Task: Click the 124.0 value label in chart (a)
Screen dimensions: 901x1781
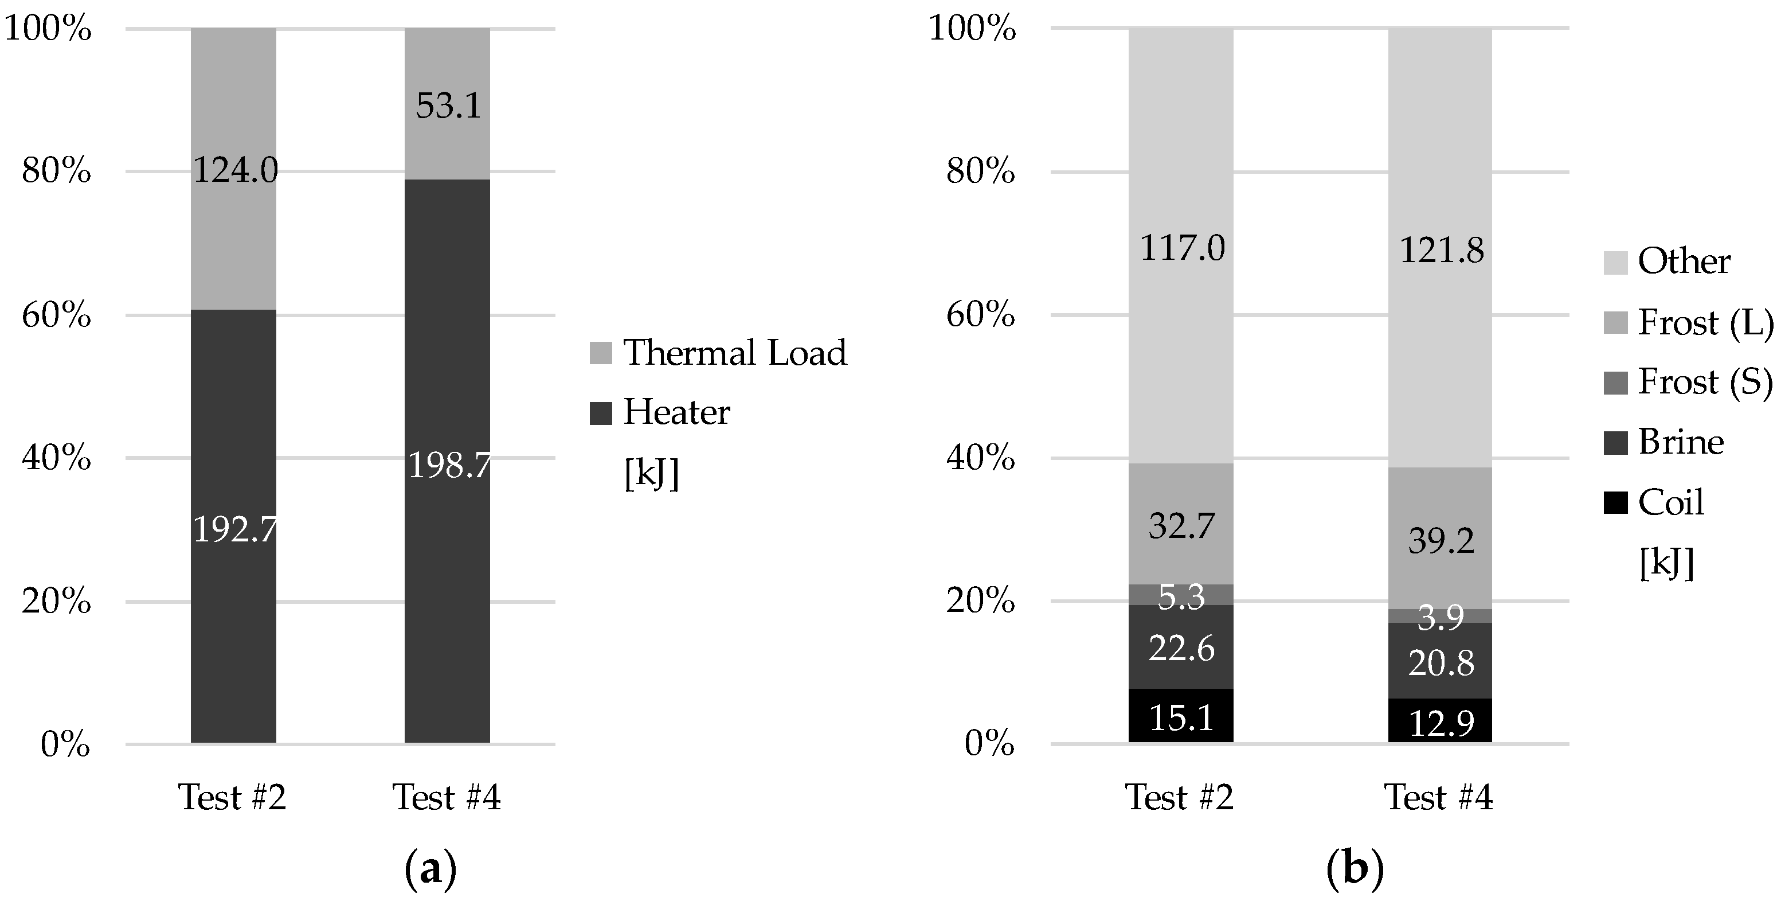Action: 235,169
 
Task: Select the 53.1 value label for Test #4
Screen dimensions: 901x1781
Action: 448,106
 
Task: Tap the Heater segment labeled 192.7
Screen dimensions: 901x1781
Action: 234,530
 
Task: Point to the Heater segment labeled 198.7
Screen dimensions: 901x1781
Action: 449,465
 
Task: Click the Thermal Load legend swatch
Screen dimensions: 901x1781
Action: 601,353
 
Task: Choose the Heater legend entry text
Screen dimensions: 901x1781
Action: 676,413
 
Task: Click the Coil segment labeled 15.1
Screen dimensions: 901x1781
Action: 1181,717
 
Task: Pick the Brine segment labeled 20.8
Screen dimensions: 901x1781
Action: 1441,663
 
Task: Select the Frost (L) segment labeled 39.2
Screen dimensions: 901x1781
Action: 1441,541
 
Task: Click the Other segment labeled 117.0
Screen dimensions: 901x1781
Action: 1181,248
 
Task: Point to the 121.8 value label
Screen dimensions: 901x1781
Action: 1442,250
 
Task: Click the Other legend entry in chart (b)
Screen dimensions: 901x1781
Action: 1684,262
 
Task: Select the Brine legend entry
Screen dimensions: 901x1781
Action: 1680,443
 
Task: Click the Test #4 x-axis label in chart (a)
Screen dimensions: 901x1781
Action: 447,797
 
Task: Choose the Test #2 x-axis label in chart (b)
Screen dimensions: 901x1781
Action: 1180,797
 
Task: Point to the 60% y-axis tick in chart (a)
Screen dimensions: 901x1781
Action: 57,316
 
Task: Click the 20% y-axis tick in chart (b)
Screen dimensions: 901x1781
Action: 980,602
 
